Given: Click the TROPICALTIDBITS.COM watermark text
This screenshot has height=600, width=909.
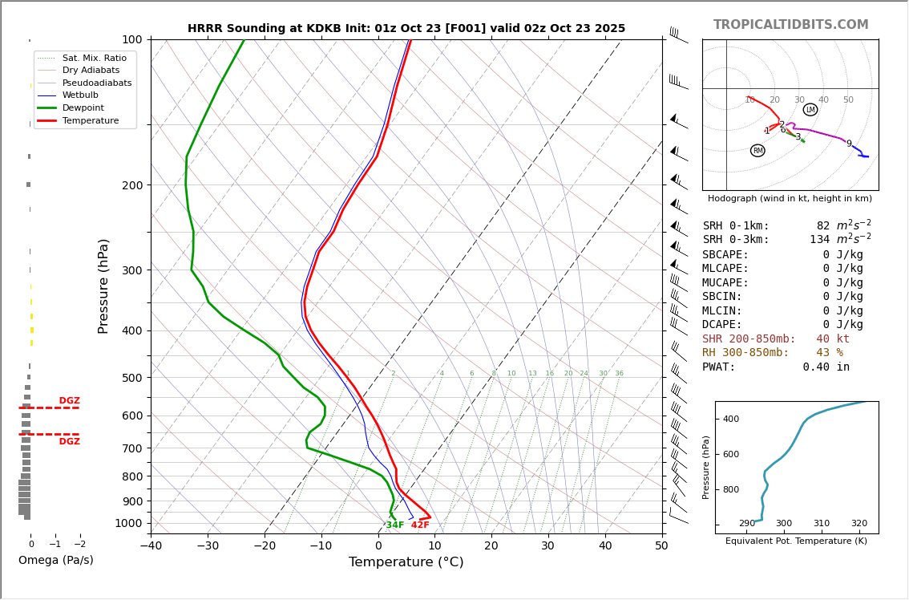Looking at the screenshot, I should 790,25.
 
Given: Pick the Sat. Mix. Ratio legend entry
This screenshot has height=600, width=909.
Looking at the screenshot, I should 94,58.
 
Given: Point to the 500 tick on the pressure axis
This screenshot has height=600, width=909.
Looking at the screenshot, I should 131,378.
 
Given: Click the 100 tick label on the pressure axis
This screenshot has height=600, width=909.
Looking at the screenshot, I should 131,39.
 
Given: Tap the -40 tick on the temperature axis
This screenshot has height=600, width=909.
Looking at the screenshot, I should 151,546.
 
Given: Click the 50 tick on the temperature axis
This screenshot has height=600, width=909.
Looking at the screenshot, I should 661,546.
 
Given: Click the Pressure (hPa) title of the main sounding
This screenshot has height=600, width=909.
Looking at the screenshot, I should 103,286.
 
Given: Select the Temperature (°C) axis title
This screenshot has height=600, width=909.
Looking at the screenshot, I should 406,562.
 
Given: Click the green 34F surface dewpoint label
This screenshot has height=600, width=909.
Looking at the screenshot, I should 395,525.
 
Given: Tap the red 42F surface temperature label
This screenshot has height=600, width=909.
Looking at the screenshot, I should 420,525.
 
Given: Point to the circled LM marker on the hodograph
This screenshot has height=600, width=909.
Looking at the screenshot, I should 810,110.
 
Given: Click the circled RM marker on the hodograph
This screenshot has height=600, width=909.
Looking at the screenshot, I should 757,151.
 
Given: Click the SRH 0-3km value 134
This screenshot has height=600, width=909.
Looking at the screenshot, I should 819,240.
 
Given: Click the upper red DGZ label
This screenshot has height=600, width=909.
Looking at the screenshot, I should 69,401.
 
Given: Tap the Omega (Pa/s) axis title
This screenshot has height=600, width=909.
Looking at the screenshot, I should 55,561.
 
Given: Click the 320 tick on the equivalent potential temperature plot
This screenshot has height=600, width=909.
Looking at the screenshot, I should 858,524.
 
